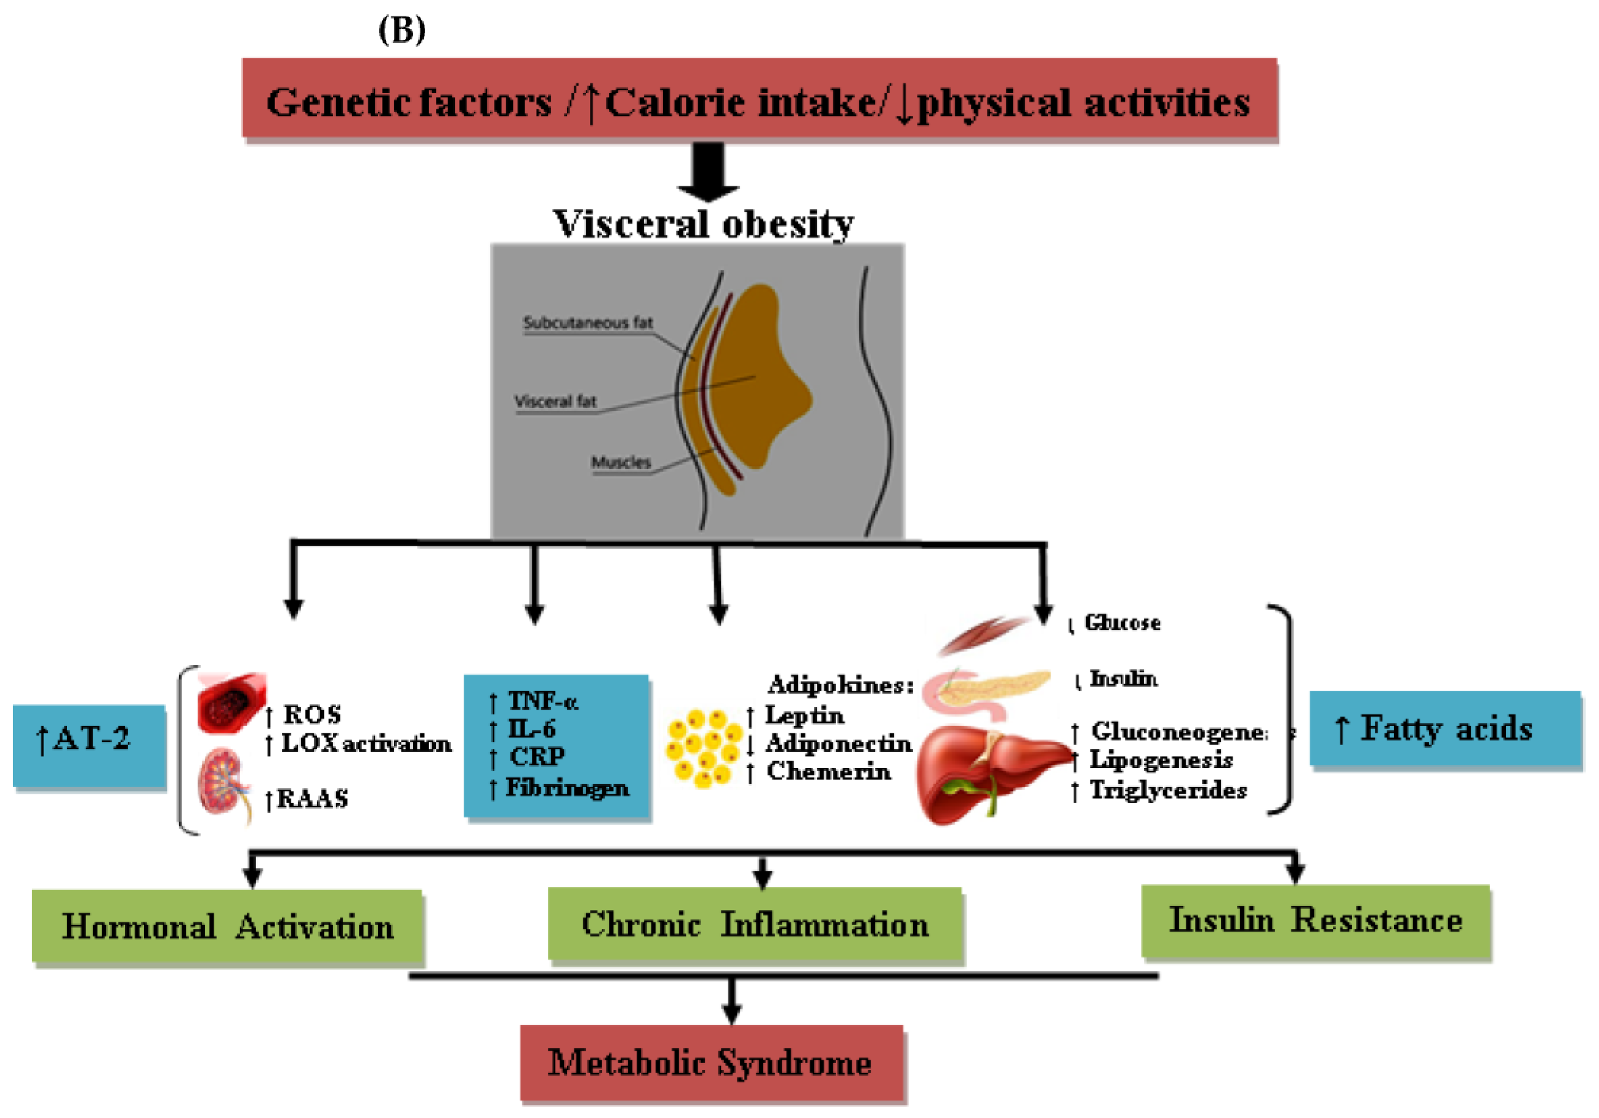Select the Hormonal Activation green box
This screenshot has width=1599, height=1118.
[x=228, y=927]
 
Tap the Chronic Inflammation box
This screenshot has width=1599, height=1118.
[x=756, y=925]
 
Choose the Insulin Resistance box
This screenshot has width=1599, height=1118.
[x=1316, y=921]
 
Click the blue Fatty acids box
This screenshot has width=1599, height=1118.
[x=1445, y=729]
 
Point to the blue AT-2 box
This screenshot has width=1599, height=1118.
[x=89, y=745]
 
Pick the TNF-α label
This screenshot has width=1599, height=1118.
[x=543, y=700]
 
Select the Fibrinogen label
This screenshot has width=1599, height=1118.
[x=567, y=788]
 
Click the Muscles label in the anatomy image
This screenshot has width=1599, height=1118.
[x=621, y=462]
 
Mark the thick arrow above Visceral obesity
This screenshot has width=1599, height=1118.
[x=708, y=171]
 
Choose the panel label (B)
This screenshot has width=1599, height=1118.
[x=402, y=30]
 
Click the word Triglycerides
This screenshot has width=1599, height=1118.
[x=1168, y=790]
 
